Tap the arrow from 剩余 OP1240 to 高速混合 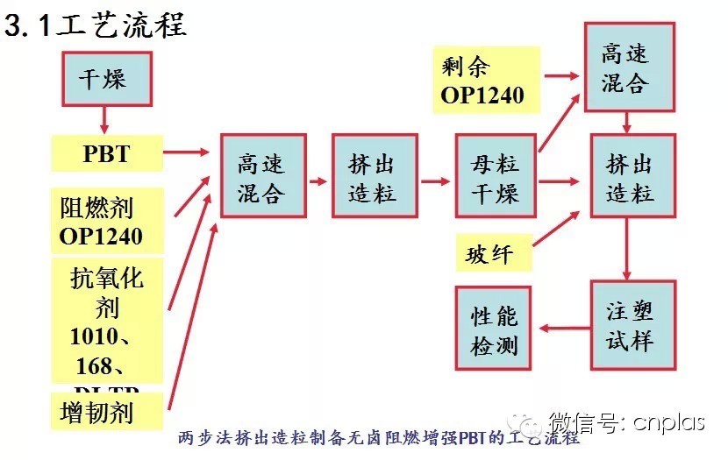[x=561, y=75]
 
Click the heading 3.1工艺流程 [x=96, y=26]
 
